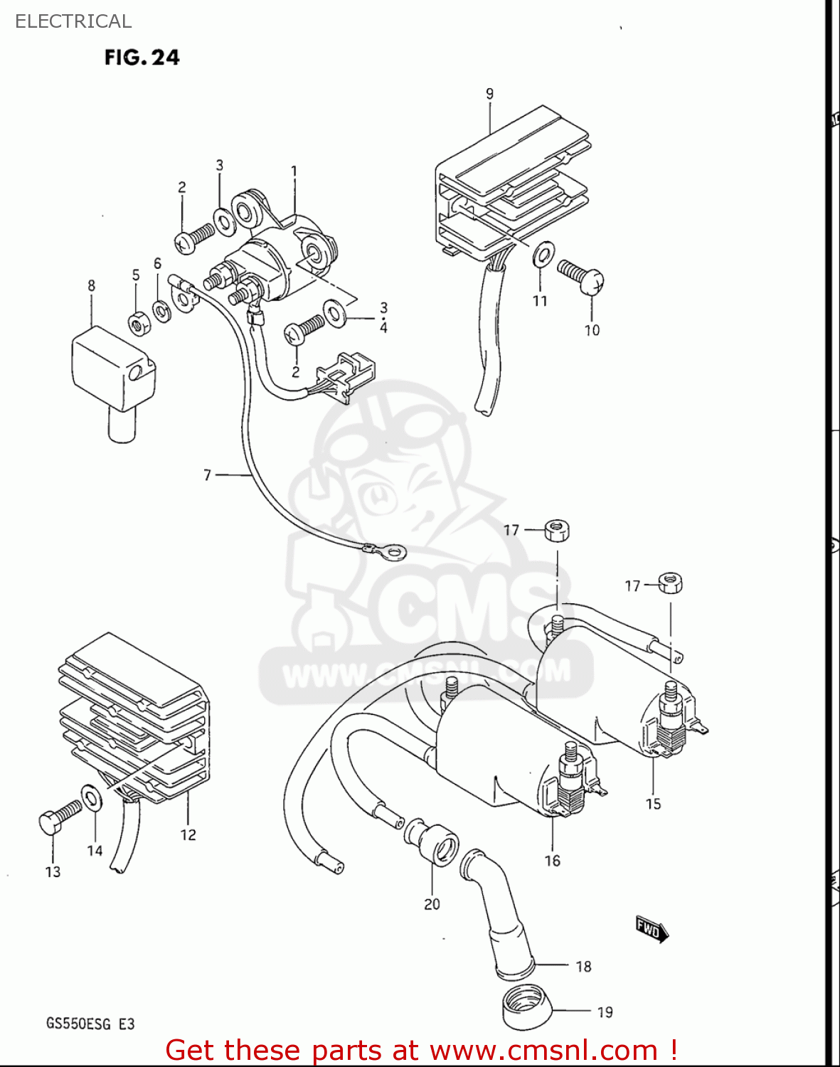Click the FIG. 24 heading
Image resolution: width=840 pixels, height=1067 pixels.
[x=142, y=57]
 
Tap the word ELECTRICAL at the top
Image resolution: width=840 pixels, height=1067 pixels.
[x=73, y=21]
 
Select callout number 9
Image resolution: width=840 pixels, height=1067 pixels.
[x=489, y=94]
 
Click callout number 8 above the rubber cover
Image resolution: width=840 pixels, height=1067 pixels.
[x=91, y=286]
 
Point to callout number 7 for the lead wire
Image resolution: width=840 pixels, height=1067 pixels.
[x=208, y=474]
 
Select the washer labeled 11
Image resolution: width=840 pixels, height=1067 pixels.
[x=543, y=254]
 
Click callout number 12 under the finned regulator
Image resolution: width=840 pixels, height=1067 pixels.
[x=188, y=834]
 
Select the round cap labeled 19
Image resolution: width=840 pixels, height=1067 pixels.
[x=526, y=1007]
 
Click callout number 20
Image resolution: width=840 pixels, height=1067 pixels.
[x=432, y=904]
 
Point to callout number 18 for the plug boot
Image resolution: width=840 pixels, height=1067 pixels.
[x=583, y=966]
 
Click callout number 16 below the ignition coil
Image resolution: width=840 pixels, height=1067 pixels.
[x=553, y=861]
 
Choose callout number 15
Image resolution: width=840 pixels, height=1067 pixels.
[x=653, y=804]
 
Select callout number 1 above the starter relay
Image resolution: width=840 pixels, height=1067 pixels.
[x=294, y=171]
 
